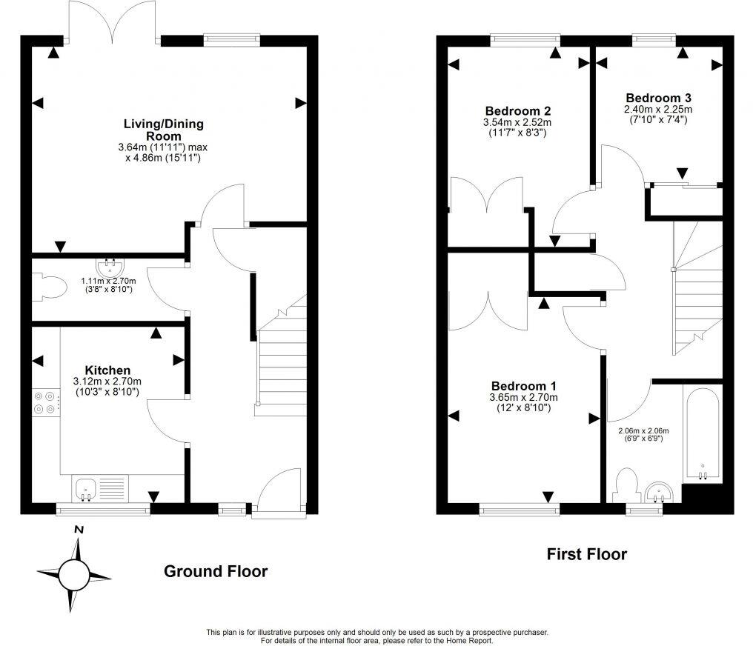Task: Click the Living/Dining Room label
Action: point(164,130)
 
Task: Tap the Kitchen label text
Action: point(107,370)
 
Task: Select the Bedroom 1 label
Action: point(523,386)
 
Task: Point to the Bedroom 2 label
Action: point(517,111)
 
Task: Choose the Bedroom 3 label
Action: point(658,98)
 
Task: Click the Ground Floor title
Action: point(215,571)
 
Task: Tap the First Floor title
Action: point(586,553)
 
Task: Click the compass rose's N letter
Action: point(79,529)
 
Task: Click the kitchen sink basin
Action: point(85,488)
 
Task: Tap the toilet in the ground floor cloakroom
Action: point(47,288)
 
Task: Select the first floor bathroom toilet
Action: point(626,485)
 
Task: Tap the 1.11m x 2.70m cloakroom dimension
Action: point(109,286)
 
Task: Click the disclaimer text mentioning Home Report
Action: point(376,636)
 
